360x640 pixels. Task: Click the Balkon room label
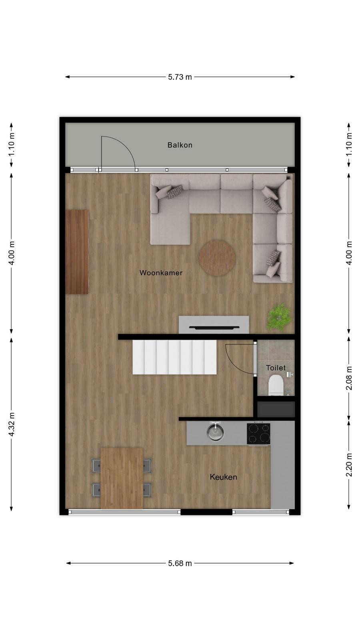[x=180, y=145]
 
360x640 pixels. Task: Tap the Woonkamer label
[x=161, y=272]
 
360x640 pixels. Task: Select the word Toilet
[x=276, y=368]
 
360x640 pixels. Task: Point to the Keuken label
[x=223, y=477]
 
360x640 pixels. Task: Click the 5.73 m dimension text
[x=180, y=77]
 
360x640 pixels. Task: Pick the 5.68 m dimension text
[x=180, y=563]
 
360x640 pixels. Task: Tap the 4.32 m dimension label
[x=12, y=424]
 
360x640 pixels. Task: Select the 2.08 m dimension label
[x=349, y=378]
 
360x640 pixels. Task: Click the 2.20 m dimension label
[x=349, y=465]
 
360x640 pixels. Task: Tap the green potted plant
[x=279, y=317]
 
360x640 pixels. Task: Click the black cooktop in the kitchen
[x=258, y=434]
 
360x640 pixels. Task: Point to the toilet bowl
[x=276, y=385]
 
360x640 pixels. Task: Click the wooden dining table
[x=122, y=478]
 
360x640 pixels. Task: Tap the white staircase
[x=174, y=357]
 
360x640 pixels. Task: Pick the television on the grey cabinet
[x=214, y=328]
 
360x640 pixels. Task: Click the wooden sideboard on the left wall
[x=77, y=252]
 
